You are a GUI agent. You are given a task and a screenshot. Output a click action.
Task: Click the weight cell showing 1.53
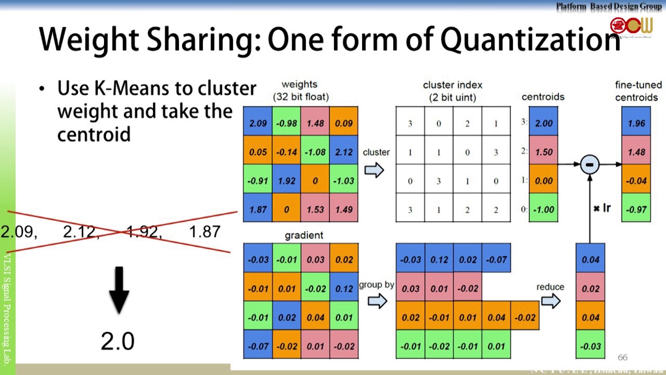(315, 209)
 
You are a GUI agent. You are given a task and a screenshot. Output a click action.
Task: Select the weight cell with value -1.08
(315, 152)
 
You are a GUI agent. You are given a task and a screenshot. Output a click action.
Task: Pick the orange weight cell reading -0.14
(287, 152)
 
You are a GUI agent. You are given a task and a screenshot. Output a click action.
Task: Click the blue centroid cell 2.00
(543, 123)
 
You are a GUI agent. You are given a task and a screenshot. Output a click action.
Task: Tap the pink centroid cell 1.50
(543, 152)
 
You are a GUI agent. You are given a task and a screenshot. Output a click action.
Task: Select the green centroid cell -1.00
(543, 209)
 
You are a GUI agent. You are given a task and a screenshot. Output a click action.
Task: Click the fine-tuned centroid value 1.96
(636, 123)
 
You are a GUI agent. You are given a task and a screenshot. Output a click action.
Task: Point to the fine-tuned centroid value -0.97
(636, 209)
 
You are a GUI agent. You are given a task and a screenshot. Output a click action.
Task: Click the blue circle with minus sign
(590, 165)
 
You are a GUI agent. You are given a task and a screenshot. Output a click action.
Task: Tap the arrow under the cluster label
(374, 170)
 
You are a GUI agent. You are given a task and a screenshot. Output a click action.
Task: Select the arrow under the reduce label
(550, 301)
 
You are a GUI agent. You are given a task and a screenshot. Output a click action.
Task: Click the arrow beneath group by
(377, 301)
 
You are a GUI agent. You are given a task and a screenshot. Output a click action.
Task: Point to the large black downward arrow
(119, 290)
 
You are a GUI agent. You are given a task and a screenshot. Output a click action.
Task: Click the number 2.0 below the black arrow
(118, 341)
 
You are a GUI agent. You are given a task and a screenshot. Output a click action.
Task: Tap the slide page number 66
(622, 357)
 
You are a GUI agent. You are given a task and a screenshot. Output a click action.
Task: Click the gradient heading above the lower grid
(304, 235)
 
